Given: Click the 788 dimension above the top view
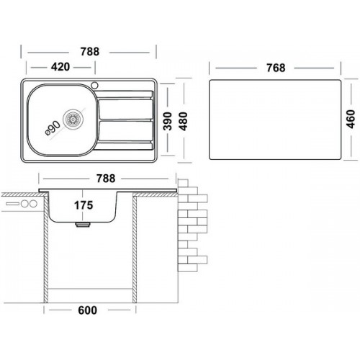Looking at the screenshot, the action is click(89, 52).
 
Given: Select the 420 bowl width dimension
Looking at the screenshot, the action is click(60, 67).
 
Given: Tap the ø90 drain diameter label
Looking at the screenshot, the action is click(53, 128).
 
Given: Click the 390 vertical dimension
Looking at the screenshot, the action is click(168, 121).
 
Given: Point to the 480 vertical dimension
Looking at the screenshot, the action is click(183, 121).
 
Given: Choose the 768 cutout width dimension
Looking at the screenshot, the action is click(276, 68).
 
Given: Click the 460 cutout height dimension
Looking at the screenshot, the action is click(351, 119).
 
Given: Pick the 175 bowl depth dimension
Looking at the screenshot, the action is click(84, 205).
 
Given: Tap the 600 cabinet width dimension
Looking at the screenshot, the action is click(87, 310).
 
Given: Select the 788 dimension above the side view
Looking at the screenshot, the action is click(106, 179).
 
